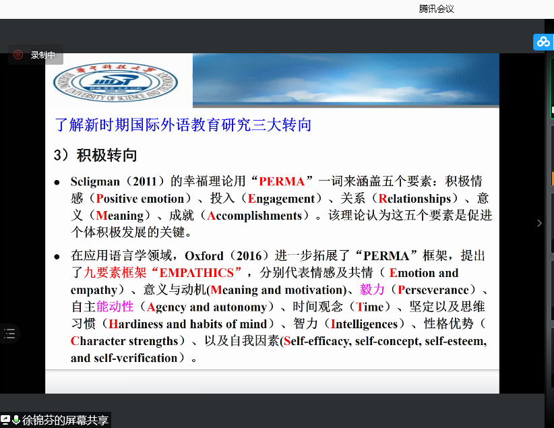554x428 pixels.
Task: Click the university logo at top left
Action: pos(115,82)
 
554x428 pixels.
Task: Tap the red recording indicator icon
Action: pos(18,55)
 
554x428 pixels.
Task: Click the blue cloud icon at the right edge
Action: pos(543,42)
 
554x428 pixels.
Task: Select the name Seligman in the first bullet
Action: pos(95,181)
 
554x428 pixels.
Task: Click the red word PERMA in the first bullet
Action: pos(282,181)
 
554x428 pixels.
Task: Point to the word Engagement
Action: pos(281,199)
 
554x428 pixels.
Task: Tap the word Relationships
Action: pos(414,199)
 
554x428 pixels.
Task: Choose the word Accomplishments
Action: pos(254,216)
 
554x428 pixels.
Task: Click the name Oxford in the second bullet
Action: pos(204,255)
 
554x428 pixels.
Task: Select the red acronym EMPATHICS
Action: pos(196,273)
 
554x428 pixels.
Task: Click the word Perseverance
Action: pos(433,290)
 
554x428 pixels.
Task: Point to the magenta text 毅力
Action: pos(372,290)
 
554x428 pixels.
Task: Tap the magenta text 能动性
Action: pos(115,307)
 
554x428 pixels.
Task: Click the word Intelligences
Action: pos(364,324)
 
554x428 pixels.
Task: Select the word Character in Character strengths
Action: pos(98,340)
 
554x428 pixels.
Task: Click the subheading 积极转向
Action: pos(106,156)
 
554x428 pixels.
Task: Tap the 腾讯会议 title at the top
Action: pos(436,9)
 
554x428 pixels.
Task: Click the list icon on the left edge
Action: pos(9,333)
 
